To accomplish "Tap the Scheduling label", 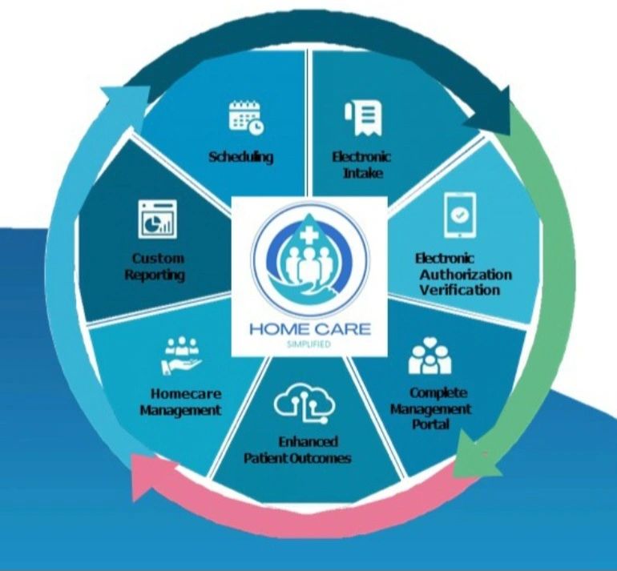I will pyautogui.click(x=240, y=157).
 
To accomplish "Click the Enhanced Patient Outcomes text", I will pyautogui.click(x=297, y=449).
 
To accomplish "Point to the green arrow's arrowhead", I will pyautogui.click(x=469, y=456).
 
